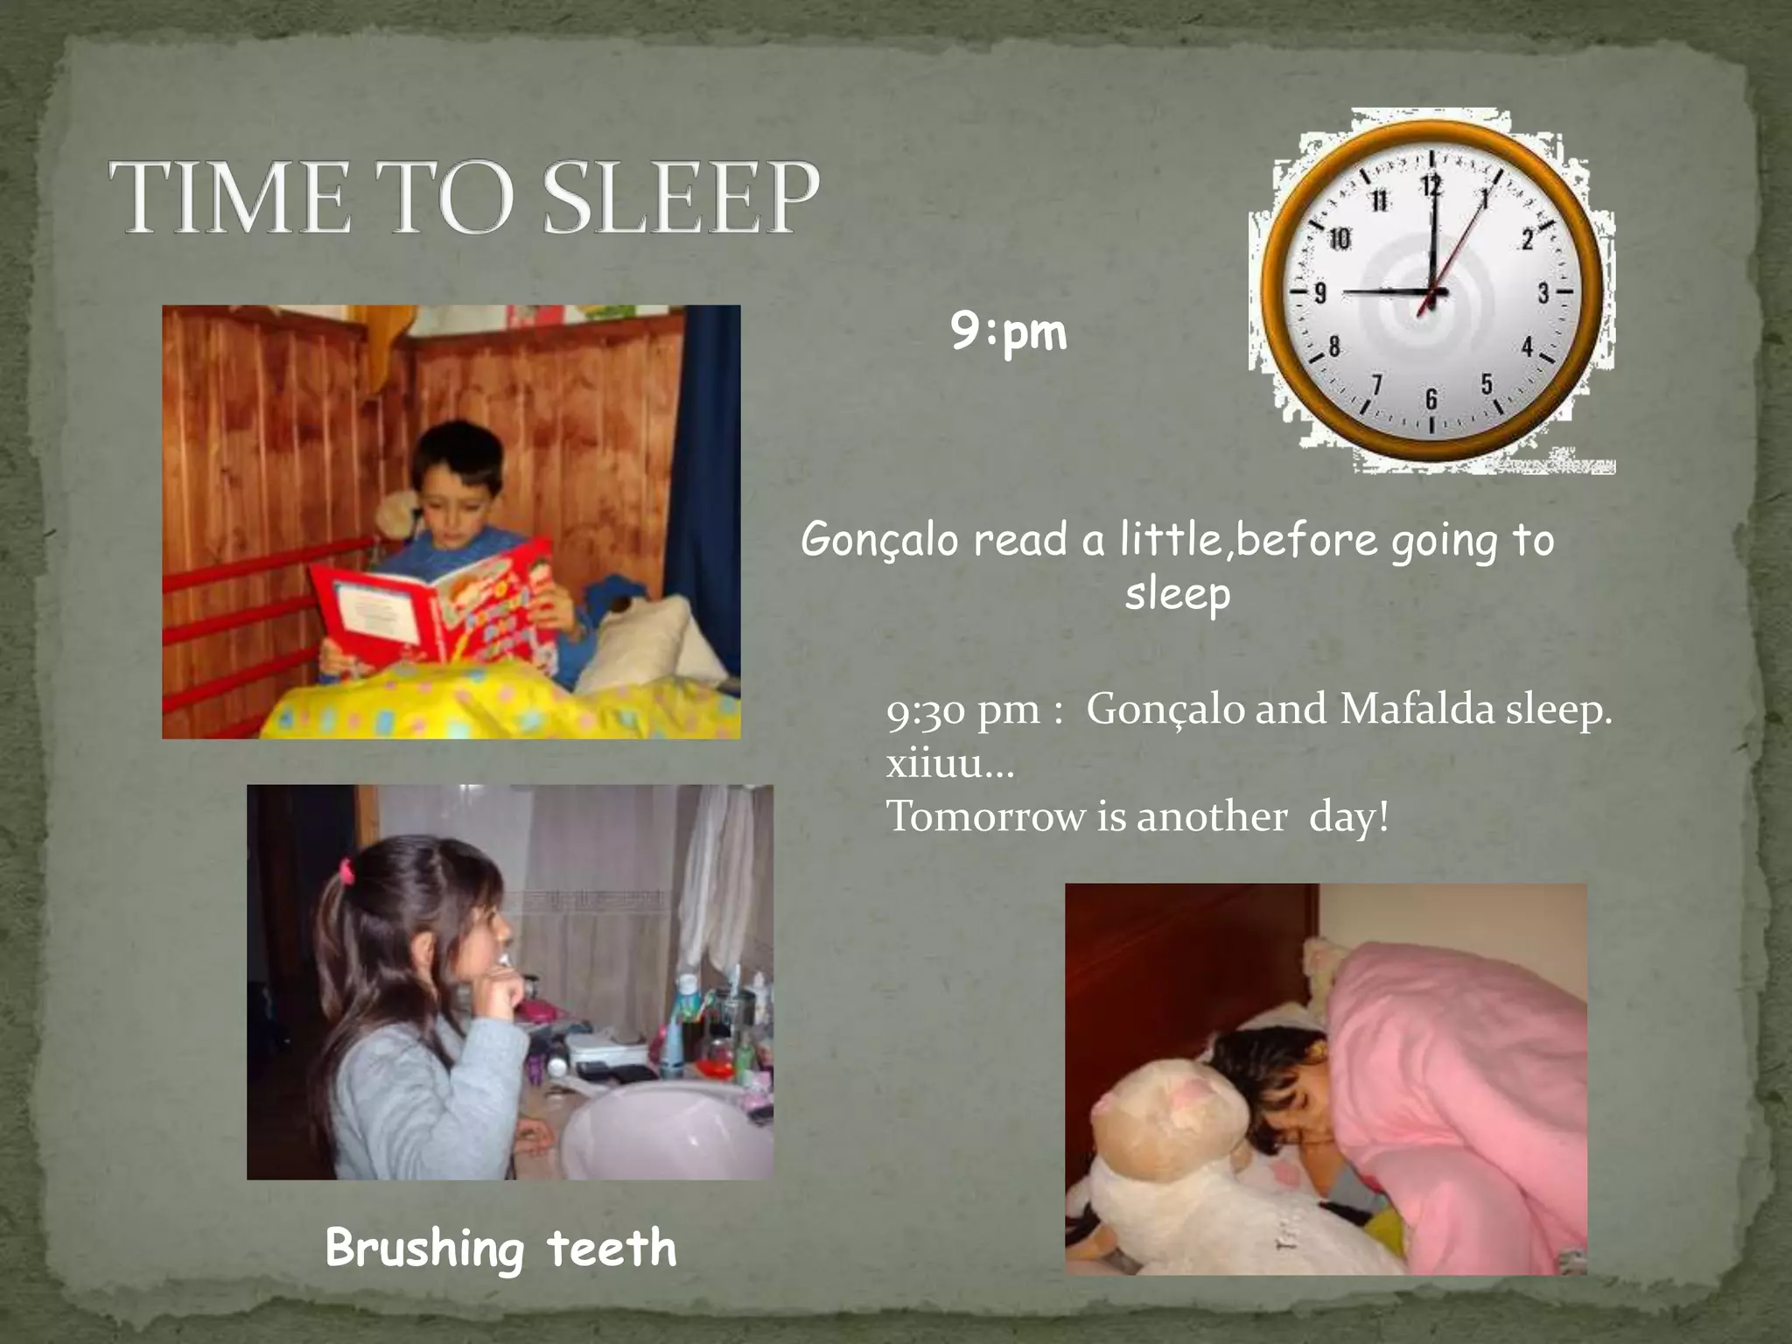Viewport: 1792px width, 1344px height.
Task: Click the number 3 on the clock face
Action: pyautogui.click(x=1543, y=293)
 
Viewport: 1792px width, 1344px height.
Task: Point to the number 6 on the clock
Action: pyautogui.click(x=1431, y=399)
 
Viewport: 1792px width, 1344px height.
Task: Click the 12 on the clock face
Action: pyautogui.click(x=1431, y=185)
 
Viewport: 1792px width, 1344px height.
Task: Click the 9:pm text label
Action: pyautogui.click(x=1009, y=333)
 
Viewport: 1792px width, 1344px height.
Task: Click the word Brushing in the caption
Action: pyautogui.click(x=424, y=1248)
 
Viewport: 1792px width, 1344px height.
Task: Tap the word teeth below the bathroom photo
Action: pyautogui.click(x=612, y=1248)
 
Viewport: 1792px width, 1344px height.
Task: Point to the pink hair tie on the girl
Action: pyautogui.click(x=346, y=871)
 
